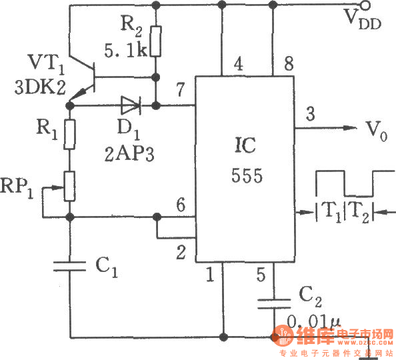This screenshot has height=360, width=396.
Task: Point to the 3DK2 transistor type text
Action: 31,87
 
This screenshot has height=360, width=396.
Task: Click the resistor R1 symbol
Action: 69,133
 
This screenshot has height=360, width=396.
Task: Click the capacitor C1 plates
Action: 69,267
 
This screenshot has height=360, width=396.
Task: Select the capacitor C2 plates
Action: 273,303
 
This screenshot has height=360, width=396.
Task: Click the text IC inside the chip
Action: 245,145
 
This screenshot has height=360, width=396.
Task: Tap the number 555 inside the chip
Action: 245,176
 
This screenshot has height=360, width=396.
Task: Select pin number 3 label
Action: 311,113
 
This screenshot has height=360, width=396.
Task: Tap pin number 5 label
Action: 261,273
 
